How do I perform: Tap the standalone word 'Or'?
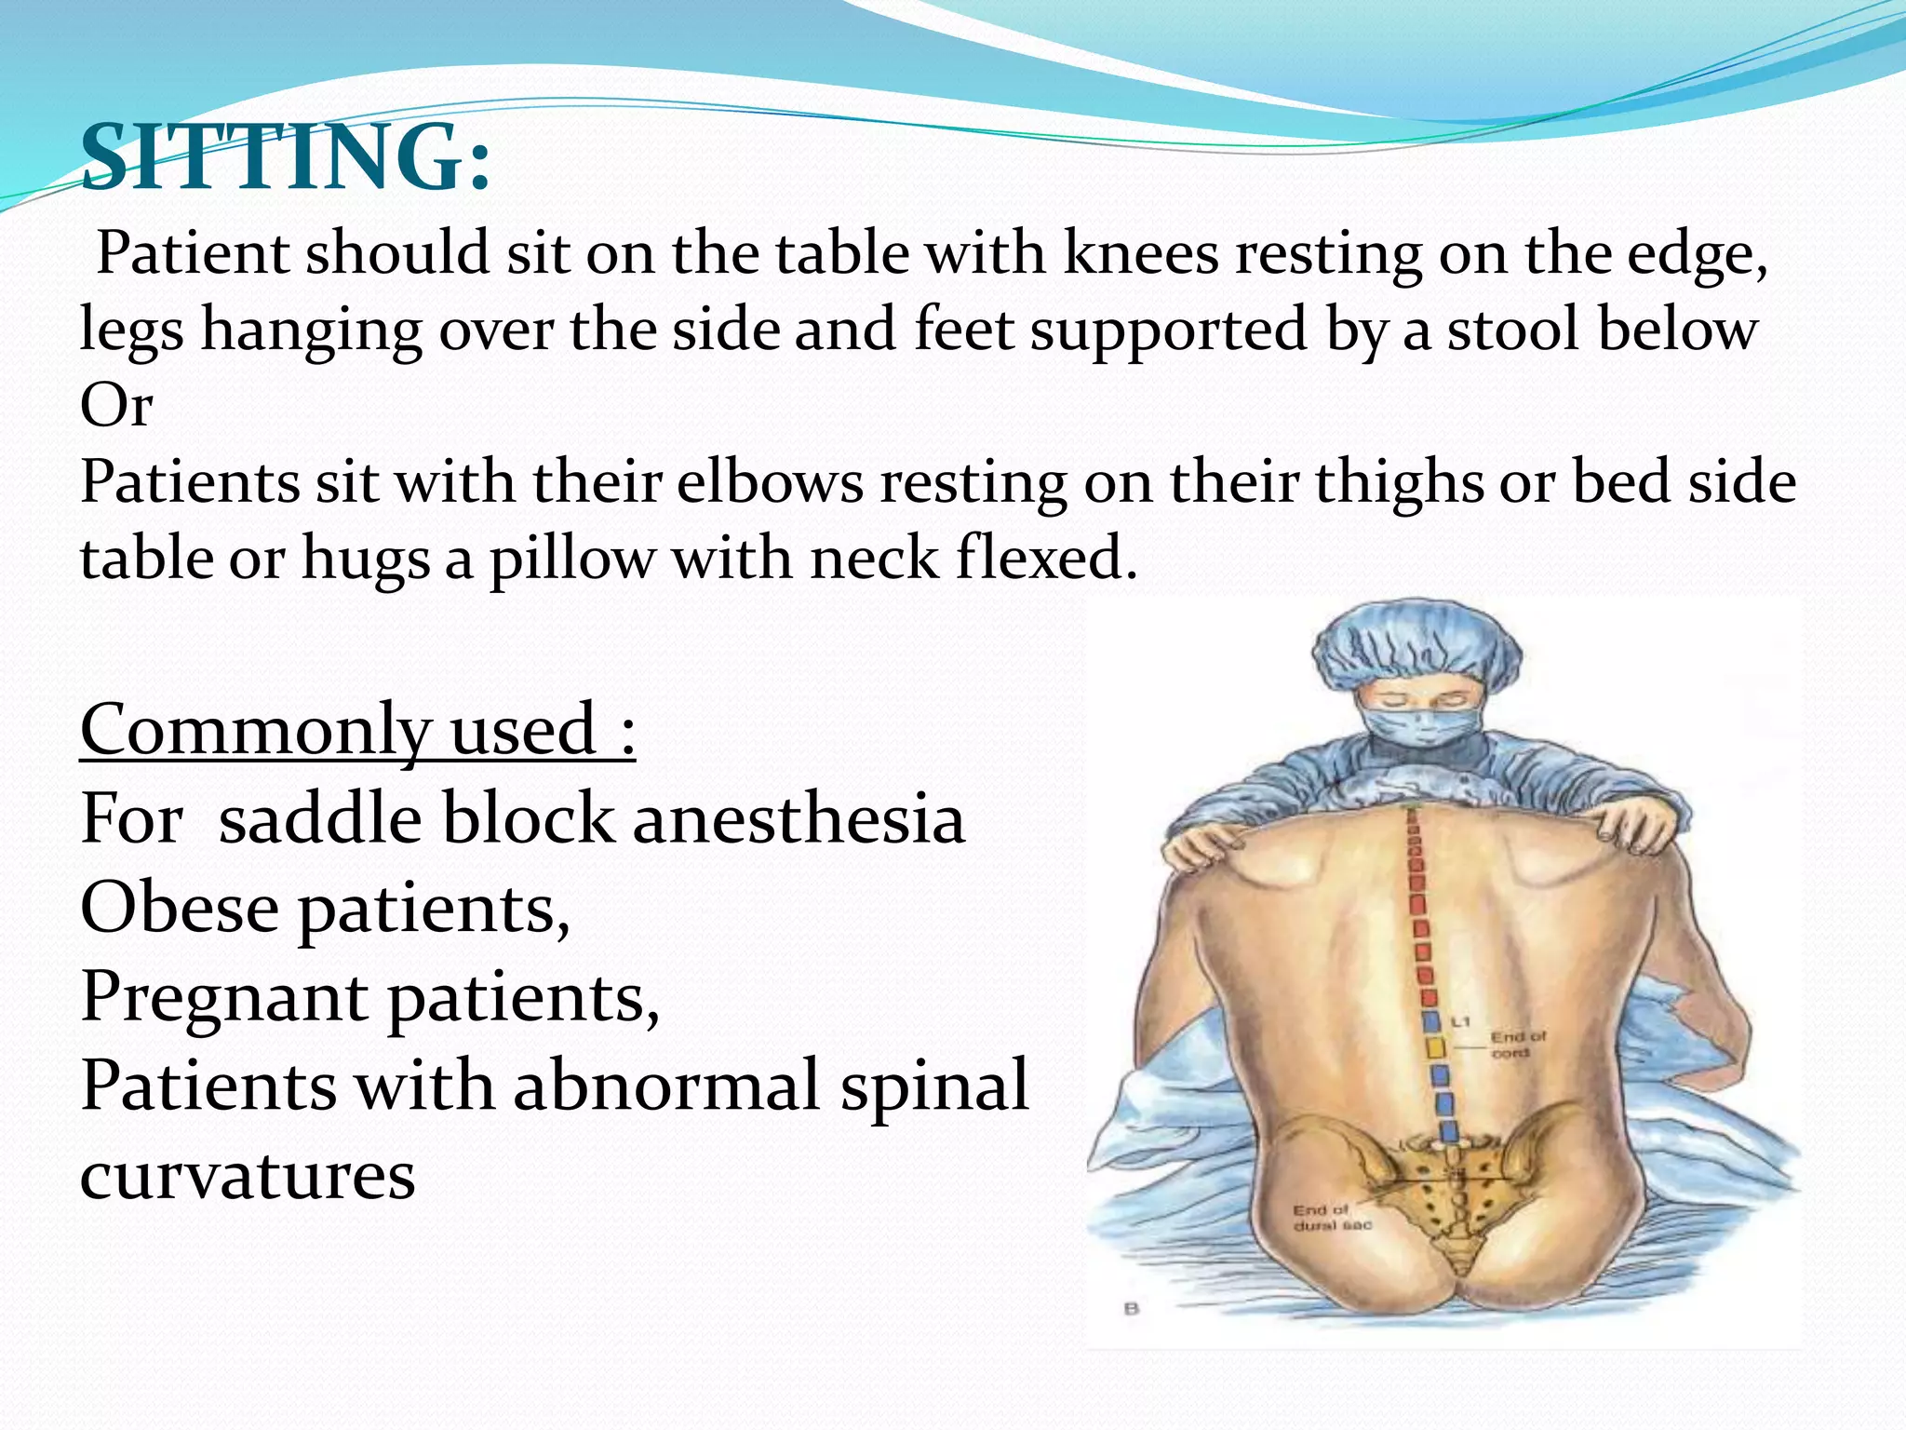pyautogui.click(x=116, y=406)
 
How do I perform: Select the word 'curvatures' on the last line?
pyautogui.click(x=248, y=1175)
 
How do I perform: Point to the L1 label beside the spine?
pyautogui.click(x=1461, y=1021)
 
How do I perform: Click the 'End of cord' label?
pyautogui.click(x=1517, y=1044)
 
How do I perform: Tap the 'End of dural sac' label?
pyautogui.click(x=1331, y=1217)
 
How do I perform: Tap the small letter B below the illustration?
pyautogui.click(x=1132, y=1308)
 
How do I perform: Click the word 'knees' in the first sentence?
pyautogui.click(x=1140, y=253)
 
